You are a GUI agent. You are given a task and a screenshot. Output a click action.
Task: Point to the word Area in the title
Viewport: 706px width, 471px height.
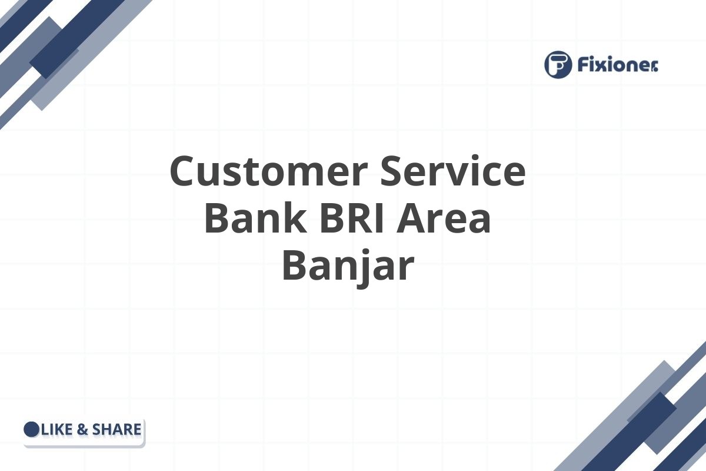(443, 218)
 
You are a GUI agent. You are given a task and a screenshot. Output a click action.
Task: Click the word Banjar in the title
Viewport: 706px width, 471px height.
(348, 265)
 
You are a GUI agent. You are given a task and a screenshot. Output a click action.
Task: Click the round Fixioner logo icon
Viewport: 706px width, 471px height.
(558, 64)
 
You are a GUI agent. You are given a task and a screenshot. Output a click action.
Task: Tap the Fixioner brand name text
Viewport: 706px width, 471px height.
(618, 65)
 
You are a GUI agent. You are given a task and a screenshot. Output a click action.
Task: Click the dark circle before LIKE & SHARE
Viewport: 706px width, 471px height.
(32, 429)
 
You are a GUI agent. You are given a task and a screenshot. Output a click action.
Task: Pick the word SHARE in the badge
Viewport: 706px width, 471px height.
(116, 430)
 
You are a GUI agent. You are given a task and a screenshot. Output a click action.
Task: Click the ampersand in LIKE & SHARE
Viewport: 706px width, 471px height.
(82, 430)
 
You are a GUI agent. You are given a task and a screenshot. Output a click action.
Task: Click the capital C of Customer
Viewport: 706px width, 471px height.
(183, 171)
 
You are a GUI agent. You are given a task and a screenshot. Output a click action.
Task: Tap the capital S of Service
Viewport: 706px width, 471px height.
(392, 171)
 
